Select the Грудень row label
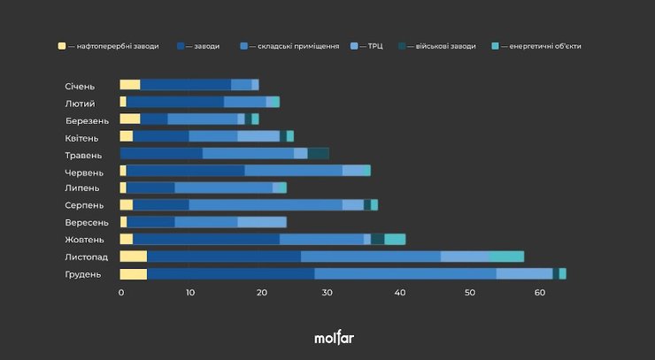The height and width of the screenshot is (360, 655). (82, 274)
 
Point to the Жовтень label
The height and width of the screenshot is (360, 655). (84, 240)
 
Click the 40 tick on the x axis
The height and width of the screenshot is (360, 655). (399, 293)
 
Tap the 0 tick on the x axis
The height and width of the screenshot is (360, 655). (121, 293)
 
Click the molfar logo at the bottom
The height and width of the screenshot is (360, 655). (334, 338)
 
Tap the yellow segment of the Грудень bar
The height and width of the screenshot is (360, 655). (134, 274)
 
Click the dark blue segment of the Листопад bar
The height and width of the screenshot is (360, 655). (224, 257)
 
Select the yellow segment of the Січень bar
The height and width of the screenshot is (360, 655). (130, 85)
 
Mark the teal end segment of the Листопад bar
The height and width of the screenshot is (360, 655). (506, 257)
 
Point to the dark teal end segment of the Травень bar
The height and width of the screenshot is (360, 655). (318, 154)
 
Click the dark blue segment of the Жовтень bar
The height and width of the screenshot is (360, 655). (206, 239)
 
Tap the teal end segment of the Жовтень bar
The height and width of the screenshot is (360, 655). (395, 239)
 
